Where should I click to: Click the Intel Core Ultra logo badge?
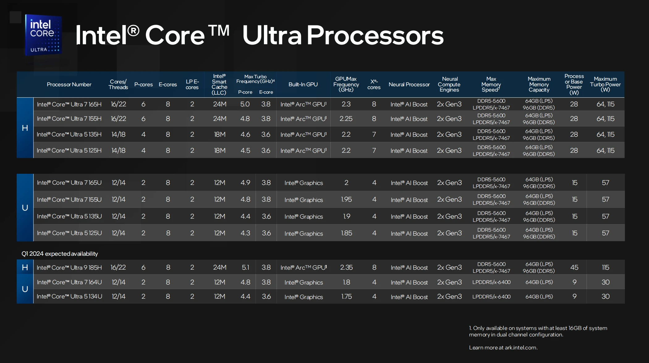click(x=43, y=35)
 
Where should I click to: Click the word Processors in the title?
click(x=375, y=35)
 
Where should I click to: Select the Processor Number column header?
click(x=69, y=84)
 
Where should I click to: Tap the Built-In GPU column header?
click(x=303, y=84)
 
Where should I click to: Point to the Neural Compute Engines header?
click(x=449, y=84)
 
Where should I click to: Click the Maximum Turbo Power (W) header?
click(x=605, y=84)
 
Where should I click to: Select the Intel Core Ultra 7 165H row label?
click(x=69, y=105)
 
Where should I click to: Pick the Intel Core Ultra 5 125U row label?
click(x=69, y=233)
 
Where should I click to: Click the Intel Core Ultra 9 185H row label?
click(x=69, y=267)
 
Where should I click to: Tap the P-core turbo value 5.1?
click(x=245, y=267)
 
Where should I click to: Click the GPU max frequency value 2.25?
click(x=346, y=119)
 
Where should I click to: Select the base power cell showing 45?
click(x=574, y=267)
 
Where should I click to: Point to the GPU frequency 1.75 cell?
click(x=346, y=297)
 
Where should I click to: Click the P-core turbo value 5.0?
click(x=245, y=104)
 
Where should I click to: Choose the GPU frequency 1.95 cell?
click(x=346, y=199)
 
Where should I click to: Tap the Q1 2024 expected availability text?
click(x=60, y=254)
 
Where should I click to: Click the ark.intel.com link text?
click(x=521, y=348)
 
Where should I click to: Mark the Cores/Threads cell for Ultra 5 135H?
click(x=118, y=135)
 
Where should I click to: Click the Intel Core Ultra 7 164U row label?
click(x=69, y=282)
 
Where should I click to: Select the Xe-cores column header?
click(x=374, y=84)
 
